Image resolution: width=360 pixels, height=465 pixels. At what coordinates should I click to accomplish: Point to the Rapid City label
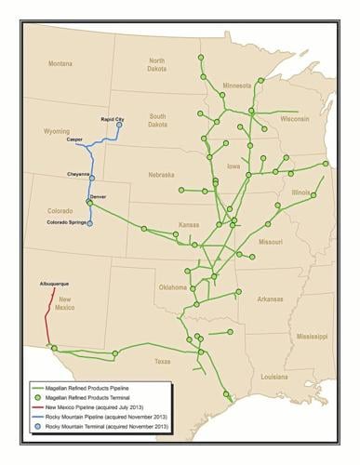coord(112,119)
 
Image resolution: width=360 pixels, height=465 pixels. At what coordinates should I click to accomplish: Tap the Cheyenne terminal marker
coord(91,177)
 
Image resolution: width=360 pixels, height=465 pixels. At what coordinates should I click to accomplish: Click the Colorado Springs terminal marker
coord(89,223)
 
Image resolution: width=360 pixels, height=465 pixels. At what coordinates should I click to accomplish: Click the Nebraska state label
coord(160,173)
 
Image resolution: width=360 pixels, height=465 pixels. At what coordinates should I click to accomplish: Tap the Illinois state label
coord(300,193)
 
